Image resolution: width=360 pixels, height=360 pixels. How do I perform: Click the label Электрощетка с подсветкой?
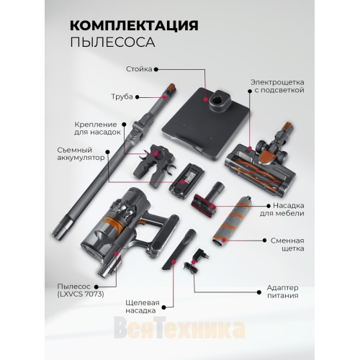[x=277, y=86]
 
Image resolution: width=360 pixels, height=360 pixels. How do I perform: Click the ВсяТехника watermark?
[x=180, y=333]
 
